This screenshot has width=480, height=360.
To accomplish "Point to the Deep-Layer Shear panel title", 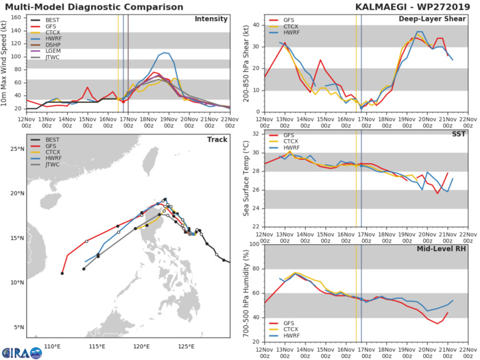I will pyautogui.click(x=428, y=19).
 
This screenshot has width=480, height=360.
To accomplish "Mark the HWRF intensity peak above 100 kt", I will pyautogui.click(x=166, y=52).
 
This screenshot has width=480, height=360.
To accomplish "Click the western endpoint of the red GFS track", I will pyautogui.click(x=62, y=274).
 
